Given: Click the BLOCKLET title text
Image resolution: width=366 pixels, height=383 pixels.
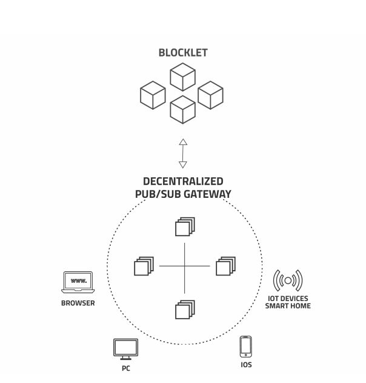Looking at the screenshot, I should pyautogui.click(x=182, y=53).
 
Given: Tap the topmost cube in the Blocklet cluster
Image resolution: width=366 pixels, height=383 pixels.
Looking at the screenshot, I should pyautogui.click(x=182, y=77).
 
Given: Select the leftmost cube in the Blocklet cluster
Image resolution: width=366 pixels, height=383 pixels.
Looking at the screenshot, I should pyautogui.click(x=153, y=95).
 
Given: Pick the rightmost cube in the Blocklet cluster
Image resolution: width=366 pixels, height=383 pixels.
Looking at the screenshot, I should pyautogui.click(x=211, y=95).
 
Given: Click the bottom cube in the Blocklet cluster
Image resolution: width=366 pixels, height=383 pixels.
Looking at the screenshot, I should pyautogui.click(x=182, y=110).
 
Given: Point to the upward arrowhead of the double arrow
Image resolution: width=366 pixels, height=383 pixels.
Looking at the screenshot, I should pyautogui.click(x=183, y=142).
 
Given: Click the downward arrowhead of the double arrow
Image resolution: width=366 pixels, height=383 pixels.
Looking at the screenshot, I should pyautogui.click(x=183, y=164).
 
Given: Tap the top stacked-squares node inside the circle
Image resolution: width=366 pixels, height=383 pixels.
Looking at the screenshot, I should pyautogui.click(x=184, y=226).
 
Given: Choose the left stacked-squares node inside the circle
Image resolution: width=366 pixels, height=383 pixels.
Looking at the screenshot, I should pyautogui.click(x=144, y=266).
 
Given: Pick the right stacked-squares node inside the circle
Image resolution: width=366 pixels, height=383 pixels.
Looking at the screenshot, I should pyautogui.click(x=225, y=266).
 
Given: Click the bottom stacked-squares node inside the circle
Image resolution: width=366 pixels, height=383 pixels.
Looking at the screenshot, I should pyautogui.click(x=184, y=309).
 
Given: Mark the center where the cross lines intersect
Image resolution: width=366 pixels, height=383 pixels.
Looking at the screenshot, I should pyautogui.click(x=184, y=266).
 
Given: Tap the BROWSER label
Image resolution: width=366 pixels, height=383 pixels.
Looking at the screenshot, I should pyautogui.click(x=78, y=303).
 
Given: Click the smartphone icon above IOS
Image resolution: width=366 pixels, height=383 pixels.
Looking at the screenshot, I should pyautogui.click(x=245, y=347).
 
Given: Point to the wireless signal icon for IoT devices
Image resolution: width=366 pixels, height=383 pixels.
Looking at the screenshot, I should pyautogui.click(x=288, y=280).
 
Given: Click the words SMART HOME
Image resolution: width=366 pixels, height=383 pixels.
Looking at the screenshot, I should pyautogui.click(x=288, y=306).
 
